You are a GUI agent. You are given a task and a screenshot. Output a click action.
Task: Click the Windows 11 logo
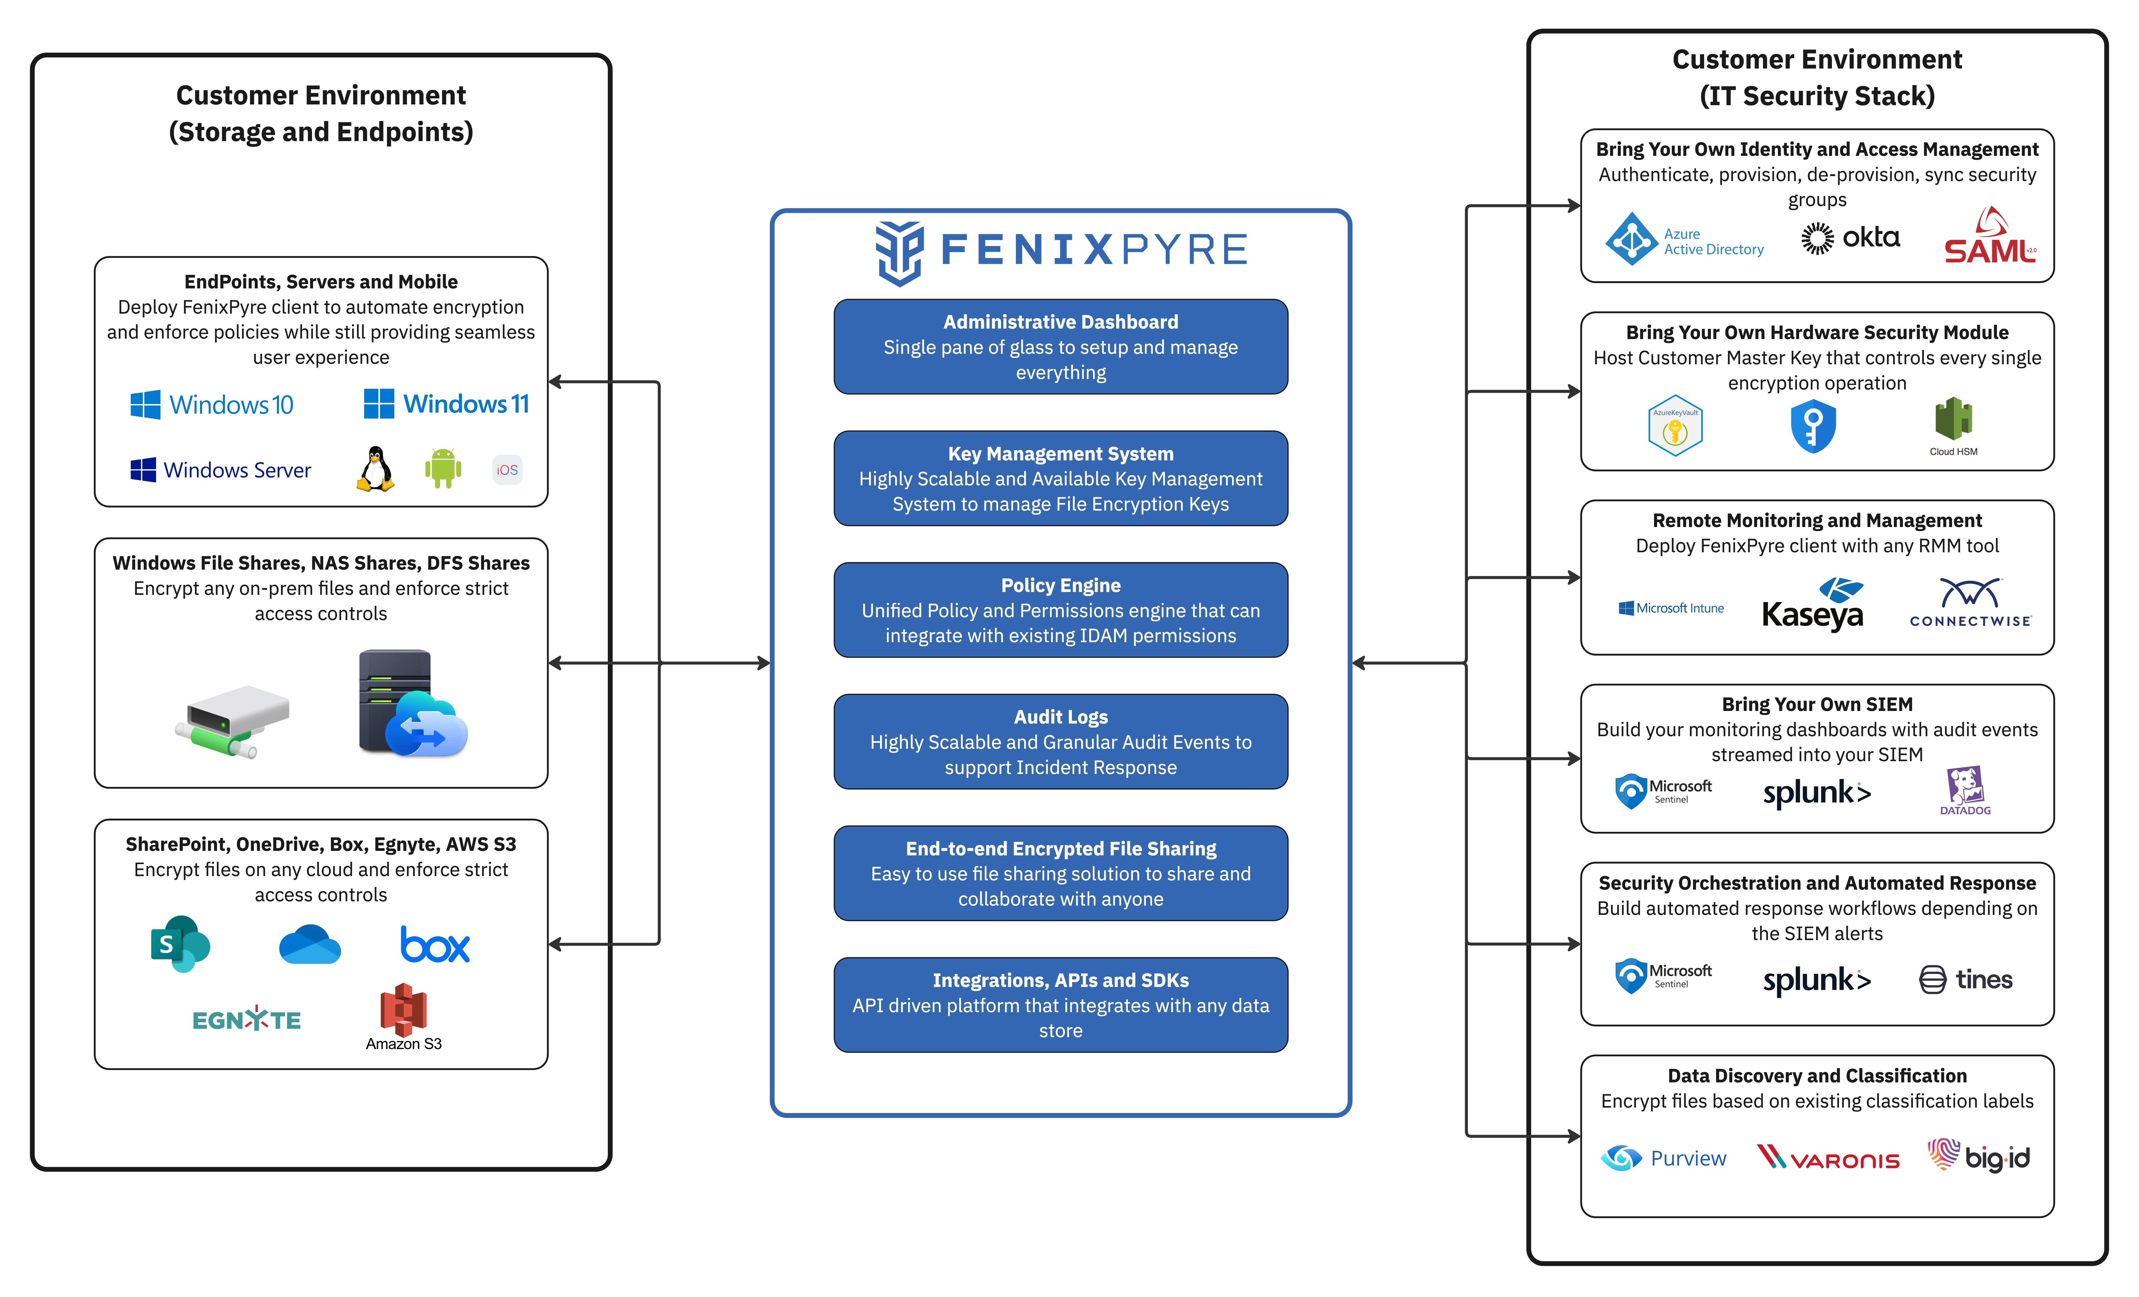pos(446,404)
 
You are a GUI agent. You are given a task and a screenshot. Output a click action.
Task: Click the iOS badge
pos(507,470)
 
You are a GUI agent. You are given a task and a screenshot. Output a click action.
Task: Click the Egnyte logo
pos(247,1019)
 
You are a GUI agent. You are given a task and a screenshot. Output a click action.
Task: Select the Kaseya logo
pos(1812,604)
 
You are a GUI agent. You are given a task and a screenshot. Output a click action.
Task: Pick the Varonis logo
pos(1828,1158)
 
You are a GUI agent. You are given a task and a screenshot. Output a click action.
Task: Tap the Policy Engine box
pos(1061,610)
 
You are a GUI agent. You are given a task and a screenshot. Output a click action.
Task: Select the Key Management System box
pos(1061,478)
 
